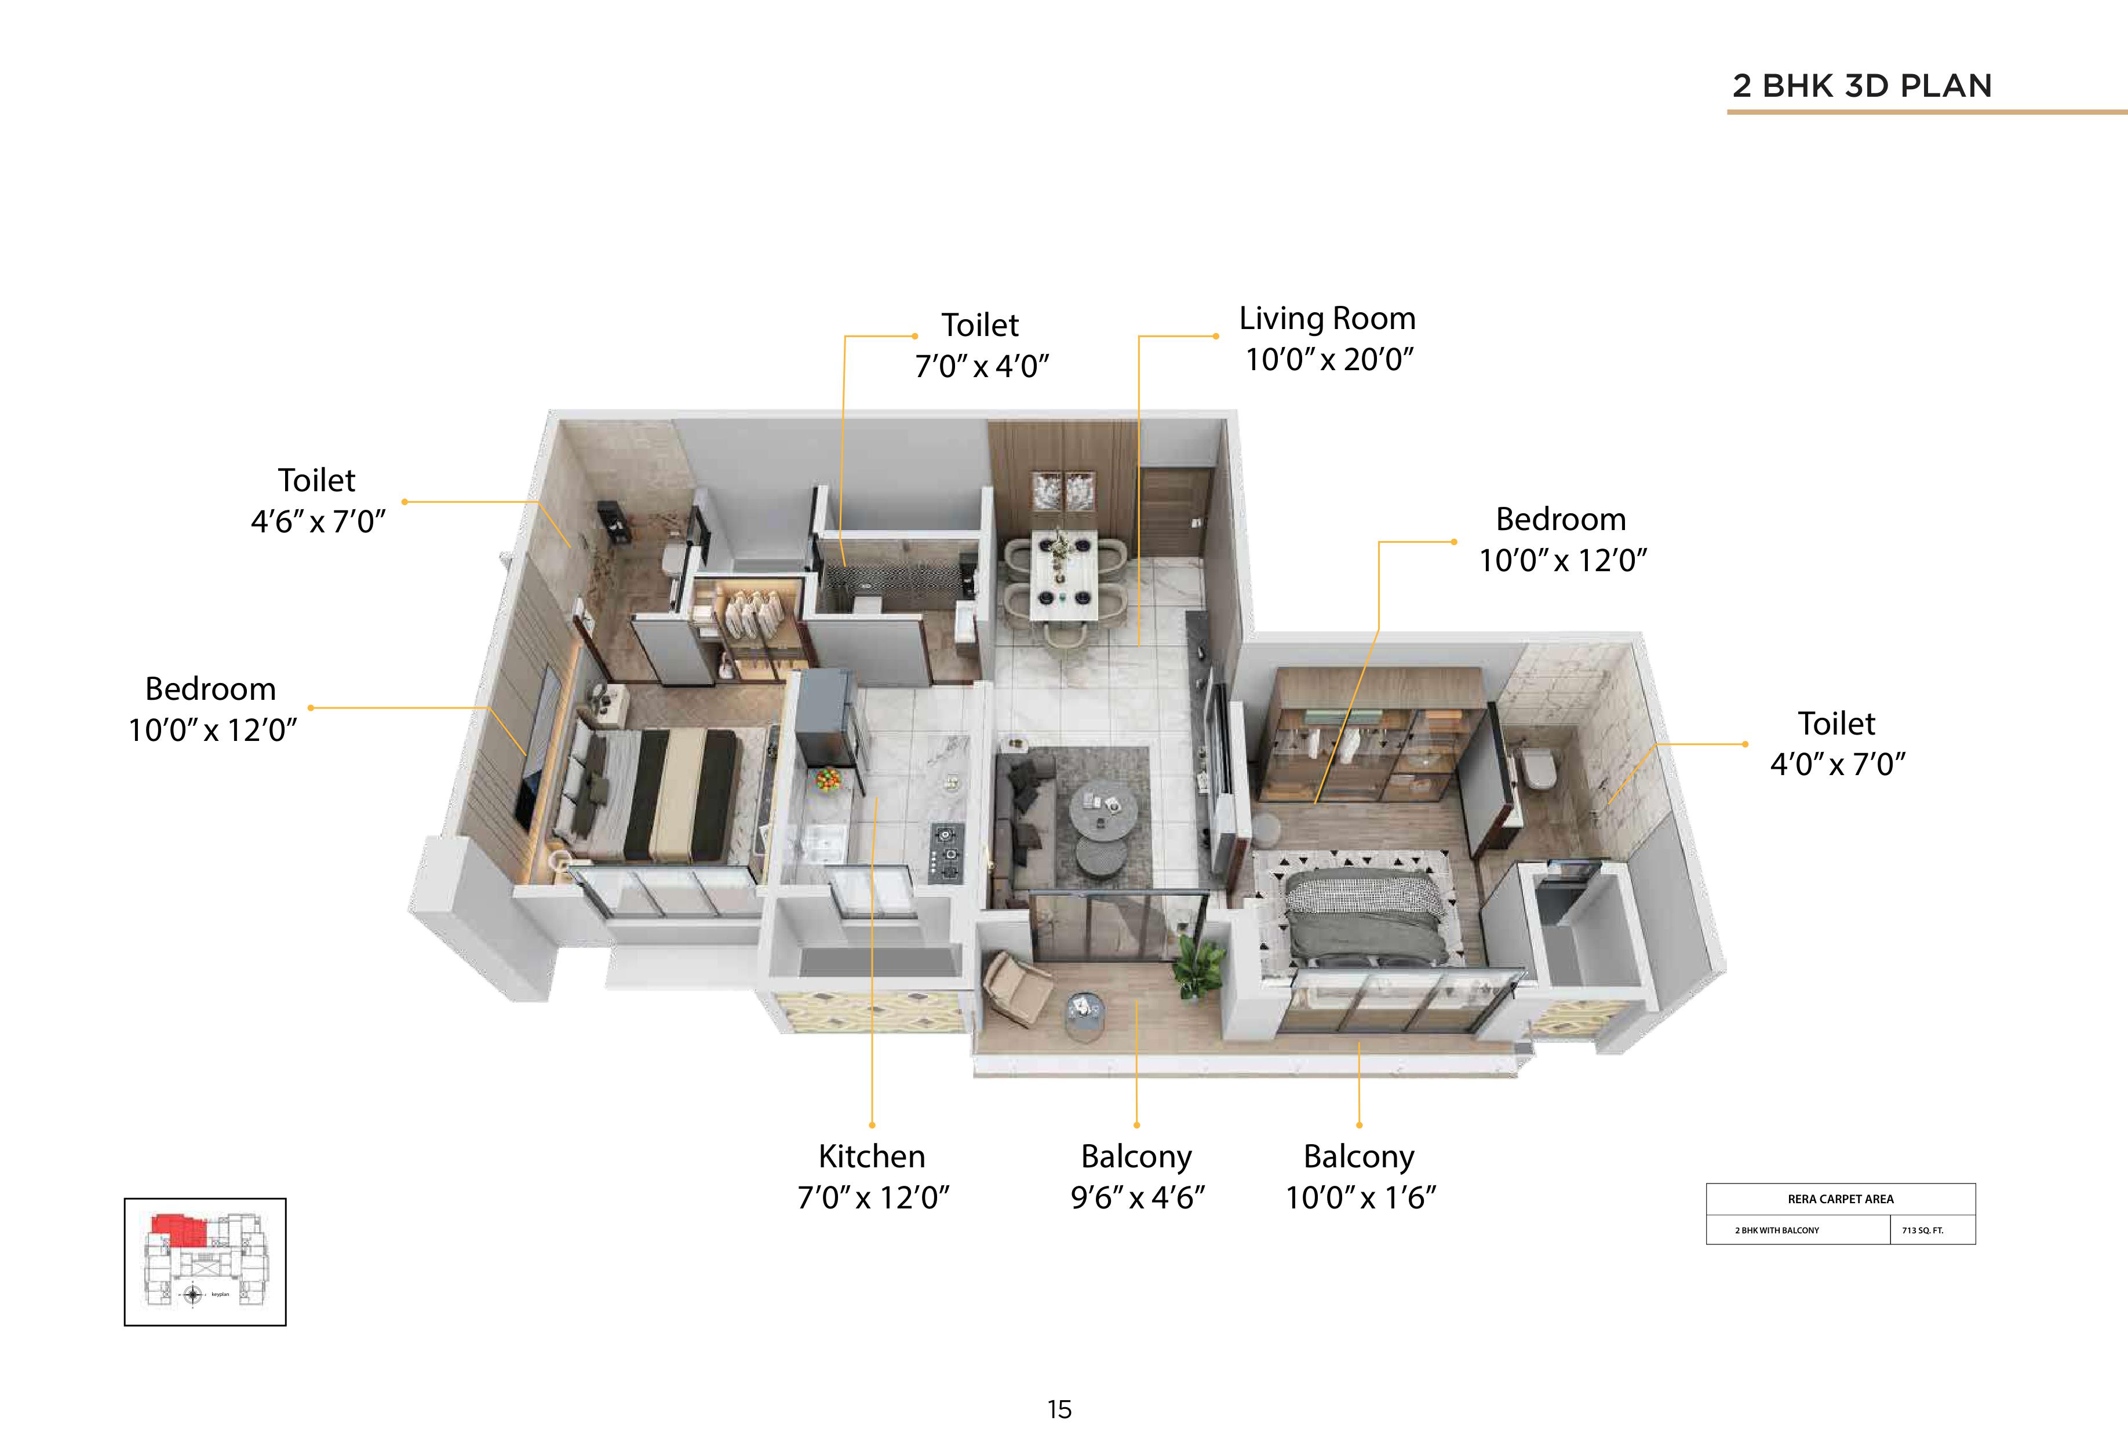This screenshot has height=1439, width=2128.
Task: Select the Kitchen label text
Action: coord(872,1156)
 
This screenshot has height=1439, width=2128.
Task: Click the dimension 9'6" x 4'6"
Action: coord(1137,1196)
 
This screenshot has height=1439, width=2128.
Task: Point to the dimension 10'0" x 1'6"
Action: coord(1361,1196)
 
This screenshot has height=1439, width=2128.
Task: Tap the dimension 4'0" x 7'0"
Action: coord(1837,764)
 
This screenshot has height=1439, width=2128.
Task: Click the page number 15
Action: coord(1059,1409)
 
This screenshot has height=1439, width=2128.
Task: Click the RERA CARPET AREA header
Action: coord(1841,1198)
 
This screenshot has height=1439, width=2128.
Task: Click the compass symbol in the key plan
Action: coord(193,1294)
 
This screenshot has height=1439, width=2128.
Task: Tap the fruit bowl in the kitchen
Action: coord(827,780)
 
